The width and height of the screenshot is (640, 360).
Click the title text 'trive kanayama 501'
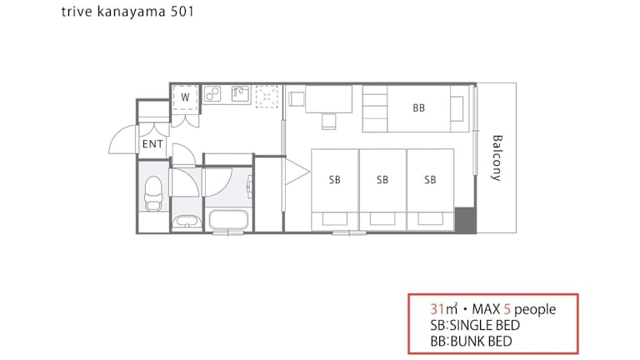pos(127,12)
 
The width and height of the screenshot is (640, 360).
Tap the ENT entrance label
pos(152,144)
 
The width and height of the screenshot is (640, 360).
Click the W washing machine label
pos(185,97)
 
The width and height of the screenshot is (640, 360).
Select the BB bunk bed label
pos(419,108)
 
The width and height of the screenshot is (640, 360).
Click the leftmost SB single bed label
pos(335,180)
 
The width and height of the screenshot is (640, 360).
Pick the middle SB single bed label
pos(382,180)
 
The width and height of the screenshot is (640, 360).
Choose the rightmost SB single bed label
pos(430,180)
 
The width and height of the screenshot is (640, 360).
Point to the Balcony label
pos(497,158)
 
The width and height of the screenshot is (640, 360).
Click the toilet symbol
pos(153,193)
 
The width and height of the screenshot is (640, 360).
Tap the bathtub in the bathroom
pos(228,220)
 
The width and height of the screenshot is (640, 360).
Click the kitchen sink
pos(241,94)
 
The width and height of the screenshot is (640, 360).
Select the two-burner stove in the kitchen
pos(212,94)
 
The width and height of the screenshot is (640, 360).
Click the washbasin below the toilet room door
pos(187,221)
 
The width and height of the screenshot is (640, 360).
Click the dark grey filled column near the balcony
pos(465,220)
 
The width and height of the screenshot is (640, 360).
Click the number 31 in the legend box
pos(437,309)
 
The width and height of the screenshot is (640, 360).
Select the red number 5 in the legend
pos(507,309)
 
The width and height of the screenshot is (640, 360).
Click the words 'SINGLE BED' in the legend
pos(484,325)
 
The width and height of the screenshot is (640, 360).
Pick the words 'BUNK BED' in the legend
pos(481,341)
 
